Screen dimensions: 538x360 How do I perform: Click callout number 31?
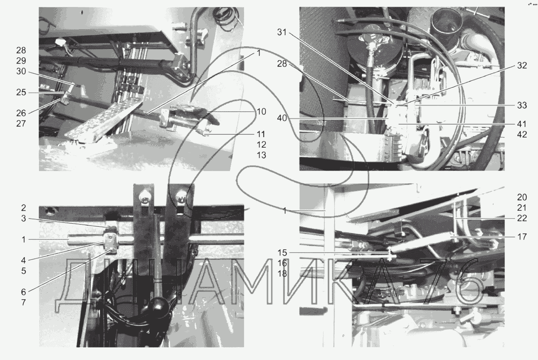click(x=282, y=32)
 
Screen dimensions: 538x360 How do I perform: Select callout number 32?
click(x=522, y=65)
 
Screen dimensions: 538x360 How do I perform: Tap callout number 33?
click(x=522, y=105)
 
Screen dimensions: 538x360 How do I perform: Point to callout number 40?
click(x=282, y=118)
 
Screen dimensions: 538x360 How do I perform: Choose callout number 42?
click(x=522, y=134)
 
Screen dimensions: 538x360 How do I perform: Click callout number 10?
click(x=261, y=111)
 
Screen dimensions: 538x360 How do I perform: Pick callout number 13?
click(x=261, y=155)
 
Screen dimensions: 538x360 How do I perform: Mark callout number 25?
click(x=21, y=92)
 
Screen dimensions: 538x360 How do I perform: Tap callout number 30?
click(x=21, y=71)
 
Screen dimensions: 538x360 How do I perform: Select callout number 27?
click(x=21, y=124)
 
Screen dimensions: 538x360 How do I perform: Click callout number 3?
click(x=23, y=219)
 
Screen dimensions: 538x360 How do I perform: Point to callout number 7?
click(x=23, y=302)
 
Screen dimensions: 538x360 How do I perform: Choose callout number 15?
click(x=282, y=253)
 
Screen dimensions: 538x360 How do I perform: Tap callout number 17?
click(x=522, y=237)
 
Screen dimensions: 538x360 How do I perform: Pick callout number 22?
click(x=522, y=218)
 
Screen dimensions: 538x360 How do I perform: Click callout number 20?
click(x=522, y=197)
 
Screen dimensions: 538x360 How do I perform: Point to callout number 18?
click(x=282, y=274)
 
